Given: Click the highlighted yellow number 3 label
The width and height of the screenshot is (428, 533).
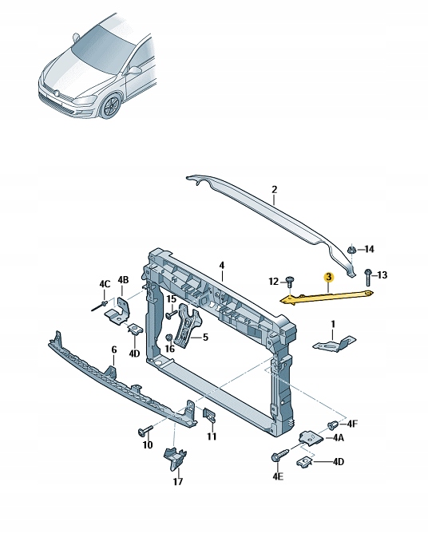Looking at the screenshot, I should [x=327, y=276].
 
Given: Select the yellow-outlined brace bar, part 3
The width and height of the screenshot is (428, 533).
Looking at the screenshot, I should [x=327, y=295].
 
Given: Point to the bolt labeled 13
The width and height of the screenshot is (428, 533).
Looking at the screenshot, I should [x=367, y=276].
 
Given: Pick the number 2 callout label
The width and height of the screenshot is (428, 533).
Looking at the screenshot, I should [x=273, y=190].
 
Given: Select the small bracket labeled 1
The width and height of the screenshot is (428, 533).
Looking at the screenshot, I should [x=335, y=343].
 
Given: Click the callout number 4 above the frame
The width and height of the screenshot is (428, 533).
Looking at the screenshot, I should [x=222, y=266].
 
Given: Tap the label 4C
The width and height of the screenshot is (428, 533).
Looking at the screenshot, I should [x=105, y=284].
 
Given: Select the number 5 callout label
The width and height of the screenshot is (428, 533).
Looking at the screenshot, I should [x=205, y=338].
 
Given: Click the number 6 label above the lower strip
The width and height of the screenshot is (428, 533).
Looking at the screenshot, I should [x=113, y=349].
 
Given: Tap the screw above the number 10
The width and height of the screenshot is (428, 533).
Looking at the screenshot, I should [x=145, y=431].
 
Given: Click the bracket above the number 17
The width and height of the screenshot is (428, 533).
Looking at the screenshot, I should [x=173, y=458].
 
